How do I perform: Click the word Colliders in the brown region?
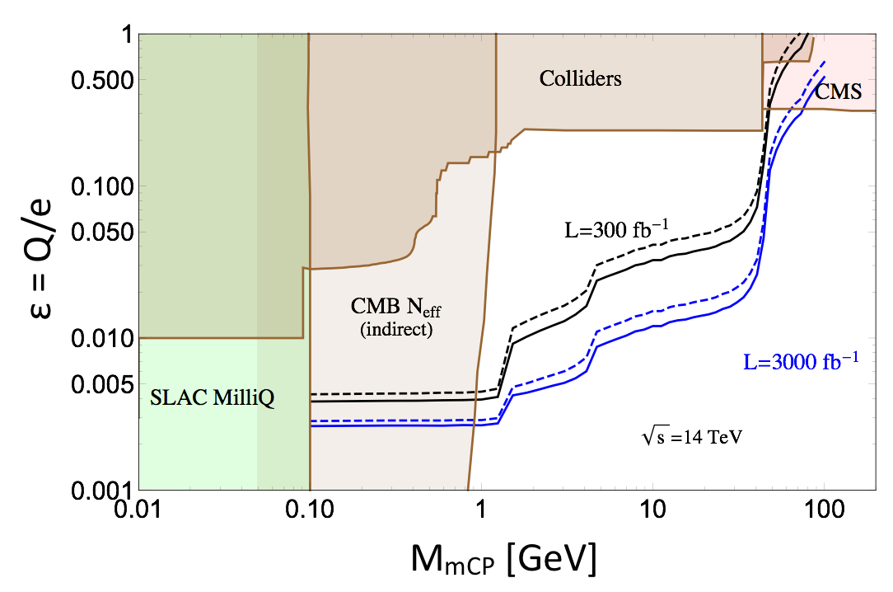click(x=580, y=79)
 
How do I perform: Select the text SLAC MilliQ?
click(x=212, y=400)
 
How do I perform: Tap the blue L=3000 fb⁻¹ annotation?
click(x=802, y=361)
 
